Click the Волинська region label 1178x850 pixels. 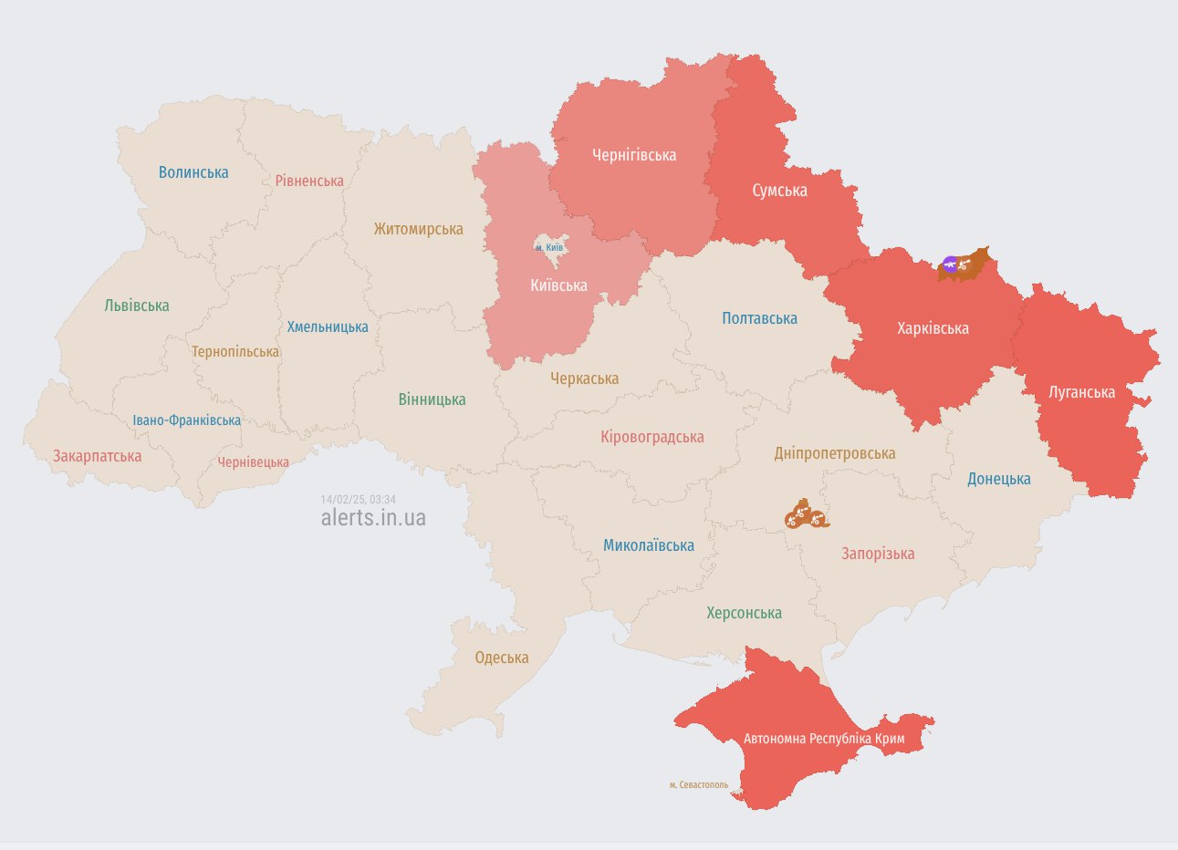tap(193, 172)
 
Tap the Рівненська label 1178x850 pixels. tap(309, 181)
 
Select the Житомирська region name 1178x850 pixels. tap(418, 229)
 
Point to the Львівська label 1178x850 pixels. tap(137, 306)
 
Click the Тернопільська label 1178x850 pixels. tap(235, 351)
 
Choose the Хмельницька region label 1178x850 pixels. tap(328, 327)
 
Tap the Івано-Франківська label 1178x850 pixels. tap(187, 420)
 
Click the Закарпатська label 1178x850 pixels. tap(97, 456)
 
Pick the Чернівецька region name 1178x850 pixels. tap(253, 462)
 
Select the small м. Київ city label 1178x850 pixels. tap(549, 247)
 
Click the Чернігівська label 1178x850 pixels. tap(634, 155)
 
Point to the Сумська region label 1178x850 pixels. tap(779, 191)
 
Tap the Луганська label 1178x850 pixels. tap(1081, 392)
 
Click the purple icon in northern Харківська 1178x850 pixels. tap(950, 265)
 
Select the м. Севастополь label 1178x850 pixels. tap(698, 784)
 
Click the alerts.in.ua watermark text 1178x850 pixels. tap(373, 518)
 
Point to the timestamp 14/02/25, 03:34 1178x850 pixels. tap(358, 500)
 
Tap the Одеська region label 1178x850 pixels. tap(501, 658)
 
